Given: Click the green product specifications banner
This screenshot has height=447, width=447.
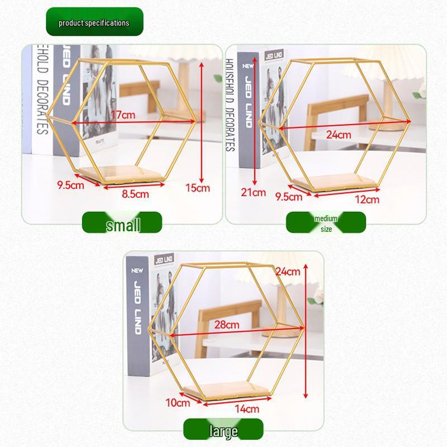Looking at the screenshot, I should [x=94, y=22].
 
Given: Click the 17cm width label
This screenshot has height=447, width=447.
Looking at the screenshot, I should [x=123, y=115].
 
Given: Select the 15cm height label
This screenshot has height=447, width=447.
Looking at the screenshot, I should [x=198, y=188].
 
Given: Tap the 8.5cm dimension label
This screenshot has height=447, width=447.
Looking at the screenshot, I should [x=135, y=194].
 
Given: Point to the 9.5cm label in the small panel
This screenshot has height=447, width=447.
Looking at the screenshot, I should [x=70, y=184].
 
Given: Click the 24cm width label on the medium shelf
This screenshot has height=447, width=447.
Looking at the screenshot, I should [x=339, y=135].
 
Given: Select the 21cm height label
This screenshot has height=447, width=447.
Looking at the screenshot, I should [x=254, y=193].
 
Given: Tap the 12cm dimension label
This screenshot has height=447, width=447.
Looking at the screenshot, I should [x=367, y=198].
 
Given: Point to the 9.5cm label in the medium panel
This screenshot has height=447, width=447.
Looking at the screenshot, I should [x=289, y=196].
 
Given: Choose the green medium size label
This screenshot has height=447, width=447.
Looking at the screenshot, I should [x=326, y=223].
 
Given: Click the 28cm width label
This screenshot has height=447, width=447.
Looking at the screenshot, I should [x=227, y=324].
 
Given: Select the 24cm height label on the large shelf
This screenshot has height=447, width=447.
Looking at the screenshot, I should [x=288, y=272].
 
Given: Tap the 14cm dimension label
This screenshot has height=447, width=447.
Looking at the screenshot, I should [x=246, y=408].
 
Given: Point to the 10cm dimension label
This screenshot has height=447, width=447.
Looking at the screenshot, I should [x=178, y=402].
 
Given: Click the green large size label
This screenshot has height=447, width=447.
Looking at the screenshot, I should [x=223, y=431].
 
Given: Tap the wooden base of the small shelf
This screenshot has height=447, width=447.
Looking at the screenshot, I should [x=124, y=174].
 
